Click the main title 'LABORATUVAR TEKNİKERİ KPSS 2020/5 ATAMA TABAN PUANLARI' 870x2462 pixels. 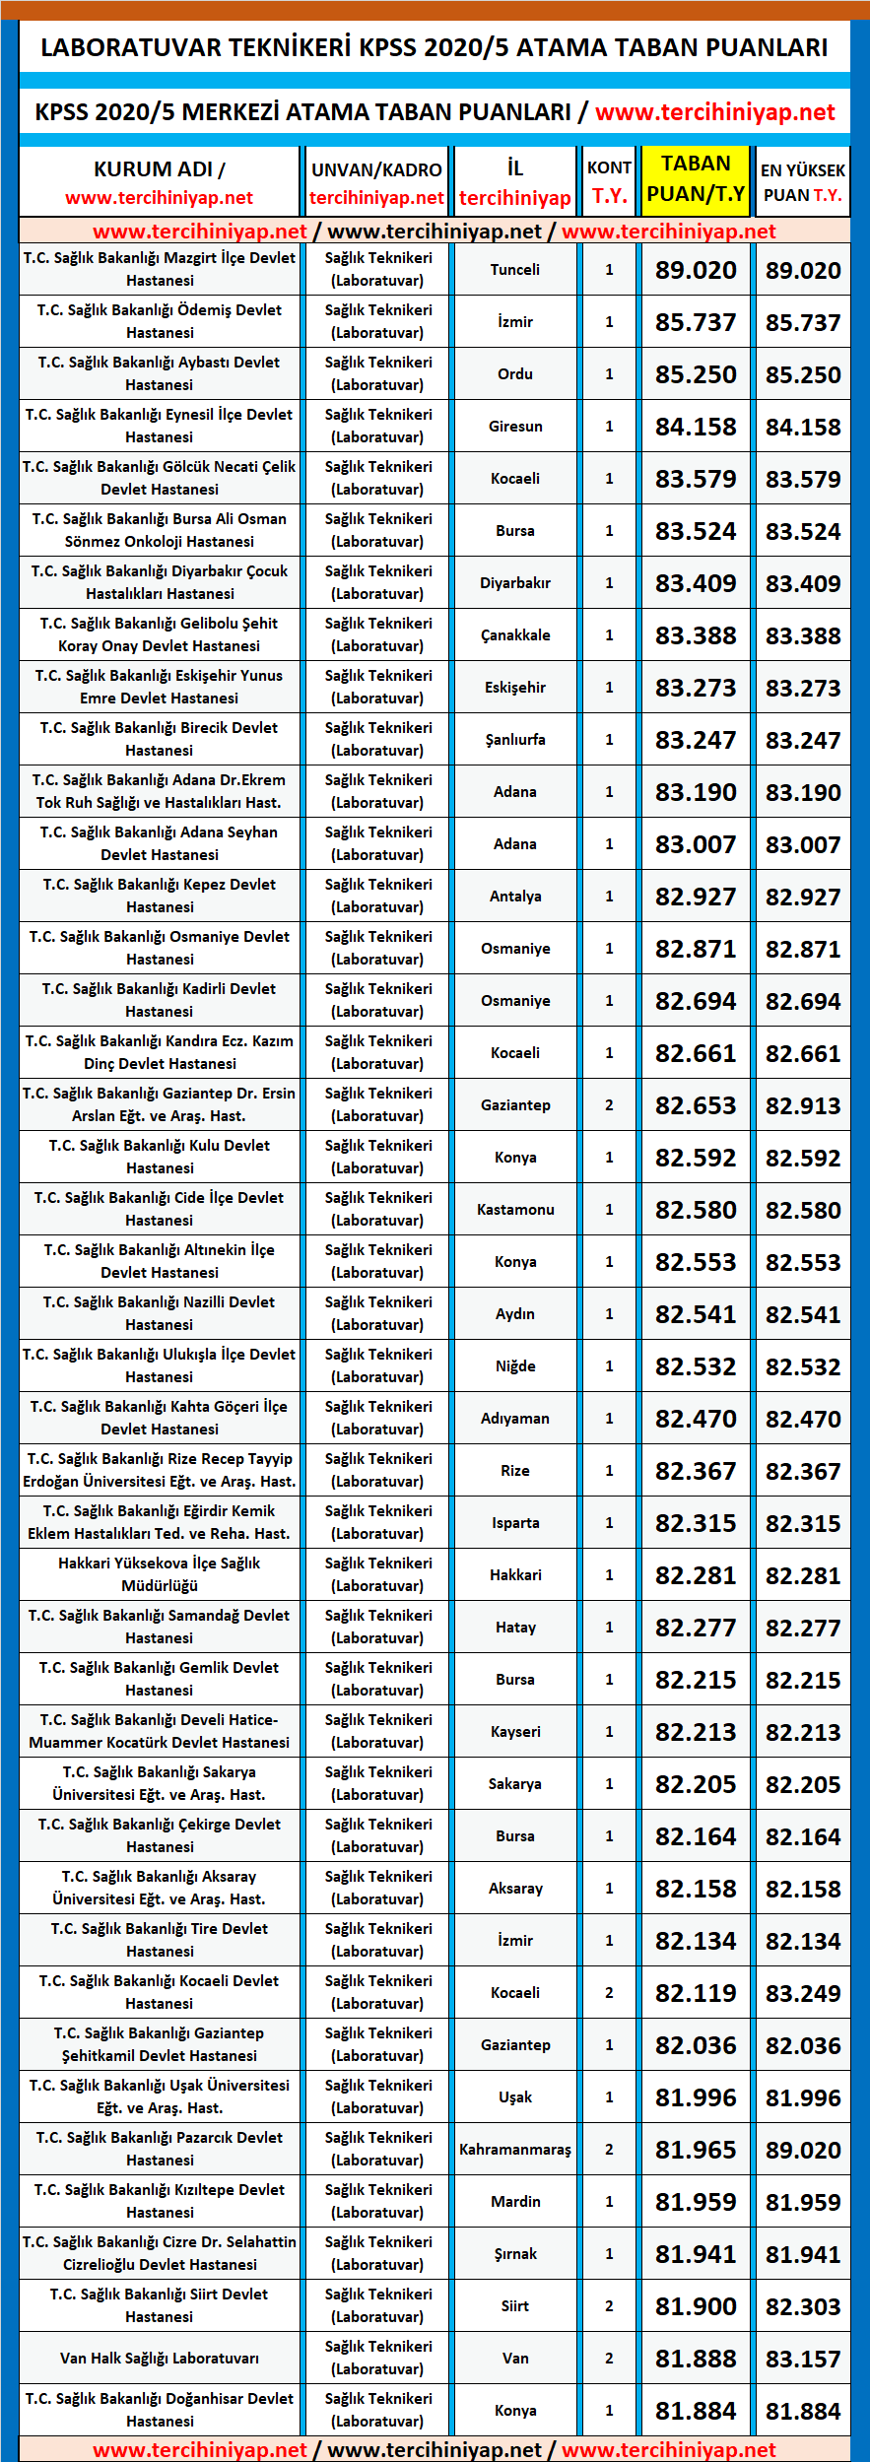tap(435, 47)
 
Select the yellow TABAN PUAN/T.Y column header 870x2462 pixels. tap(696, 179)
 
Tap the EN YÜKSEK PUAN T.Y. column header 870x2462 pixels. tap(802, 182)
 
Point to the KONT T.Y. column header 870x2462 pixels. tap(609, 182)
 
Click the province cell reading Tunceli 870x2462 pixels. tap(515, 270)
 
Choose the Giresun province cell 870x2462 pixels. tap(515, 427)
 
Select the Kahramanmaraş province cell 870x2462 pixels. tap(515, 2150)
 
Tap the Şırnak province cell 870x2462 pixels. tap(515, 2254)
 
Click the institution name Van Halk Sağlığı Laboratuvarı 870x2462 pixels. tap(160, 2359)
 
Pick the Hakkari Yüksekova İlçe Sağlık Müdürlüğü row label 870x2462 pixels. tap(160, 1574)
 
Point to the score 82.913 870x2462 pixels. tap(803, 1105)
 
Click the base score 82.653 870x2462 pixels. tap(696, 1105)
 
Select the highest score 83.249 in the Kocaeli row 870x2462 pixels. tap(803, 1993)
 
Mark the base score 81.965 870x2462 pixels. tap(696, 2150)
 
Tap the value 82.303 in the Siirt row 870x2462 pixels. tap(803, 2306)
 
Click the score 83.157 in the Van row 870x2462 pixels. tap(803, 2359)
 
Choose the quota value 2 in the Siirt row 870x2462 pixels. tap(609, 2306)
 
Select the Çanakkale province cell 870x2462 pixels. tap(515, 635)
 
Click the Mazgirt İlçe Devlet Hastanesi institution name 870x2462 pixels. tap(160, 269)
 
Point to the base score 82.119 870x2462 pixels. tap(696, 1993)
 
